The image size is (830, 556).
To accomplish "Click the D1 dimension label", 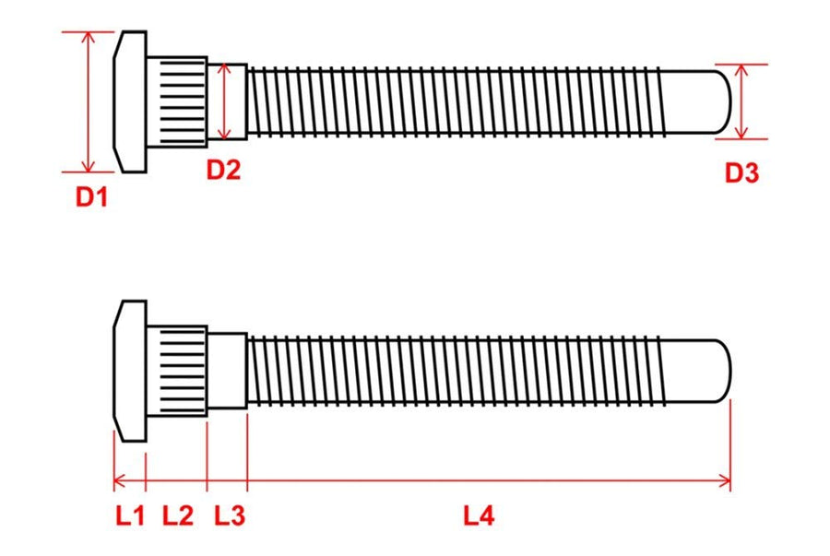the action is pyautogui.click(x=91, y=196).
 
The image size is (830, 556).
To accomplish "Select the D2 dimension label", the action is pyautogui.click(x=223, y=170).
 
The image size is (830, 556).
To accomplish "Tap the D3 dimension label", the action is pyautogui.click(x=741, y=173).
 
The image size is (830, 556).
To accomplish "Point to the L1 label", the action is pyautogui.click(x=130, y=515).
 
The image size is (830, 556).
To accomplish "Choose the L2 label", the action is pyautogui.click(x=178, y=515).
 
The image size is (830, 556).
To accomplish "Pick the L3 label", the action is pyautogui.click(x=230, y=515).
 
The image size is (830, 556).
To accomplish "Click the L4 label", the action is pyautogui.click(x=479, y=515).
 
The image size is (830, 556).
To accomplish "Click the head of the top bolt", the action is pyautogui.click(x=130, y=101).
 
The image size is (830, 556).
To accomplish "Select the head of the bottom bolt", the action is pyautogui.click(x=130, y=371).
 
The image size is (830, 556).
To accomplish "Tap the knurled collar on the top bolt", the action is pyautogui.click(x=177, y=101).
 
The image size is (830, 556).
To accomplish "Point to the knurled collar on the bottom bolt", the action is pyautogui.click(x=177, y=371).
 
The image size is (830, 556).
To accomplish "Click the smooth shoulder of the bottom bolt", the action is pyautogui.click(x=227, y=371).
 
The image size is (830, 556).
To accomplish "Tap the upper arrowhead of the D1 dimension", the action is pyautogui.click(x=89, y=37).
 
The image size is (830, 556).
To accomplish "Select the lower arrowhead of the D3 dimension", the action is pyautogui.click(x=741, y=133).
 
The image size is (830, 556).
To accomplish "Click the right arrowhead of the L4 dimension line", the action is pyautogui.click(x=724, y=481).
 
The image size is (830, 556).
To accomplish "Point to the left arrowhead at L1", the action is pyautogui.click(x=120, y=481).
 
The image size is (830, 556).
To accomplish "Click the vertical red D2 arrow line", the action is pyautogui.click(x=225, y=101).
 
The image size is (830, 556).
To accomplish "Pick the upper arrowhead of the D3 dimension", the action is pyautogui.click(x=741, y=71).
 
